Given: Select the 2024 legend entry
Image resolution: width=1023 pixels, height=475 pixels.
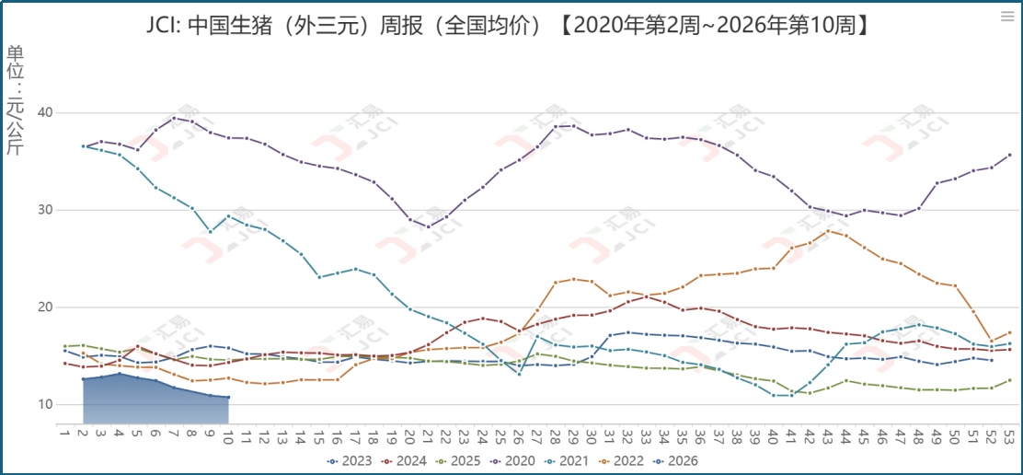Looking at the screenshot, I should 408,459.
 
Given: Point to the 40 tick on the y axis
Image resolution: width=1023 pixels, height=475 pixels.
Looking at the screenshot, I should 44,112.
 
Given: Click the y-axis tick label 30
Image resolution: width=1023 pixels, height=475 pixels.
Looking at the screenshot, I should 44,210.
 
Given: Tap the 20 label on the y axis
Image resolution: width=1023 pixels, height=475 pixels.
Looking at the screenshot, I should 44,307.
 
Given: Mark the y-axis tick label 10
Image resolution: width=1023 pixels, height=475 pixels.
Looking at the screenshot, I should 44,404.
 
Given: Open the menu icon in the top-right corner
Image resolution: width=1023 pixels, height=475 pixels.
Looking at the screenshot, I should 1006,16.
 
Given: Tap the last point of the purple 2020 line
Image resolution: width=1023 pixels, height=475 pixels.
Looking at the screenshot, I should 1009,155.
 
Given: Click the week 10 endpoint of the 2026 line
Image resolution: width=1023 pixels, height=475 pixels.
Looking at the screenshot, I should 227,398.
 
